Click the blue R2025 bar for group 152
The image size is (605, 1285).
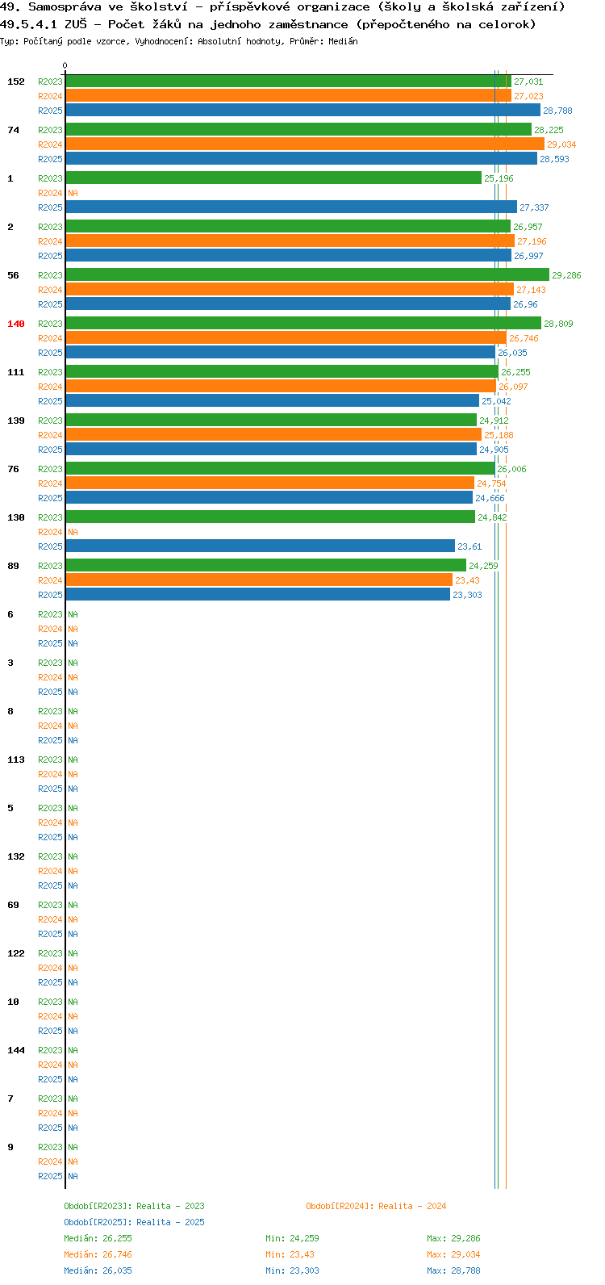tap(302, 110)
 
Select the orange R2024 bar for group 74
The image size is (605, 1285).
tap(304, 144)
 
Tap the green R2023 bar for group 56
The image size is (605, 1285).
tap(307, 274)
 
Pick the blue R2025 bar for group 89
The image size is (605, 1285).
tap(257, 594)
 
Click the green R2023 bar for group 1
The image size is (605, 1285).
tap(273, 178)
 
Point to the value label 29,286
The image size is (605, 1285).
tap(566, 275)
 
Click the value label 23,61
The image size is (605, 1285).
tap(469, 546)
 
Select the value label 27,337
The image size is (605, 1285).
tap(535, 207)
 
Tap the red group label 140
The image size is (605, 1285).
tap(16, 324)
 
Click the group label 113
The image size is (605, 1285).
tap(16, 760)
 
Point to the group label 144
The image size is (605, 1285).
tap(16, 1050)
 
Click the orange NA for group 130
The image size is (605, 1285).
tap(73, 533)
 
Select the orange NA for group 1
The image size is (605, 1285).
tap(73, 194)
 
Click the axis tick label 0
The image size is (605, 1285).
tap(65, 66)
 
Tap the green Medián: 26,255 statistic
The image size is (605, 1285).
tap(98, 1238)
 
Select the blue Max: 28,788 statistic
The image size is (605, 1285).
tap(453, 1270)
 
